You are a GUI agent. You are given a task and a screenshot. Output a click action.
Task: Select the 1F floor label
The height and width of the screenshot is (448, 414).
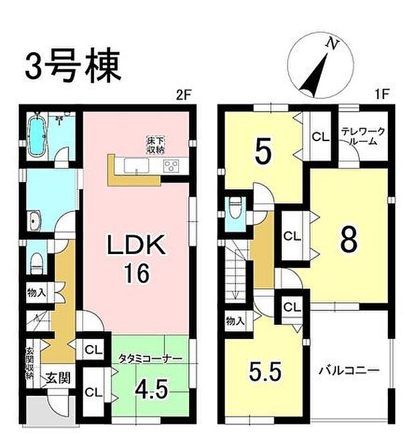pyautogui.click(x=382, y=96)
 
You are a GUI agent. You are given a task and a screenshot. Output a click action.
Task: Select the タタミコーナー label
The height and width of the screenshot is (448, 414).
pyautogui.click(x=151, y=359)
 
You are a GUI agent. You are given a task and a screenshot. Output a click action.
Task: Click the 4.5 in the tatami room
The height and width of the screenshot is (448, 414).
pyautogui.click(x=151, y=389)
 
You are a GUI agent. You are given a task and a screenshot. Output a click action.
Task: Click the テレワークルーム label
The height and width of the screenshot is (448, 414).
pyautogui.click(x=360, y=136)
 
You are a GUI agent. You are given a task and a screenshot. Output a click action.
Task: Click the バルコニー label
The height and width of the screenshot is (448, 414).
pyautogui.click(x=348, y=370)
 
